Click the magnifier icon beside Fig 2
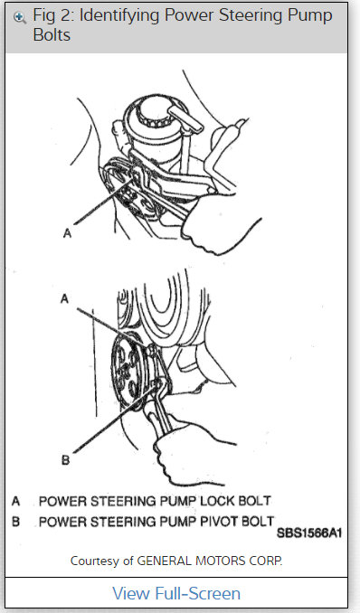pos(19,16)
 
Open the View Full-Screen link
pos(176,593)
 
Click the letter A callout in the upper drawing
pos(67,233)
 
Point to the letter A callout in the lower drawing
pos(63,296)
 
